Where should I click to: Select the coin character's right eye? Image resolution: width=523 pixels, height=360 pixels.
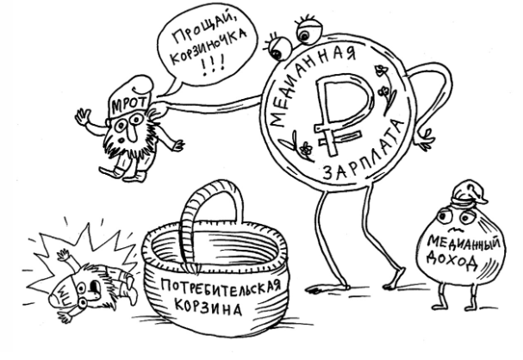click(x=305, y=32)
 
